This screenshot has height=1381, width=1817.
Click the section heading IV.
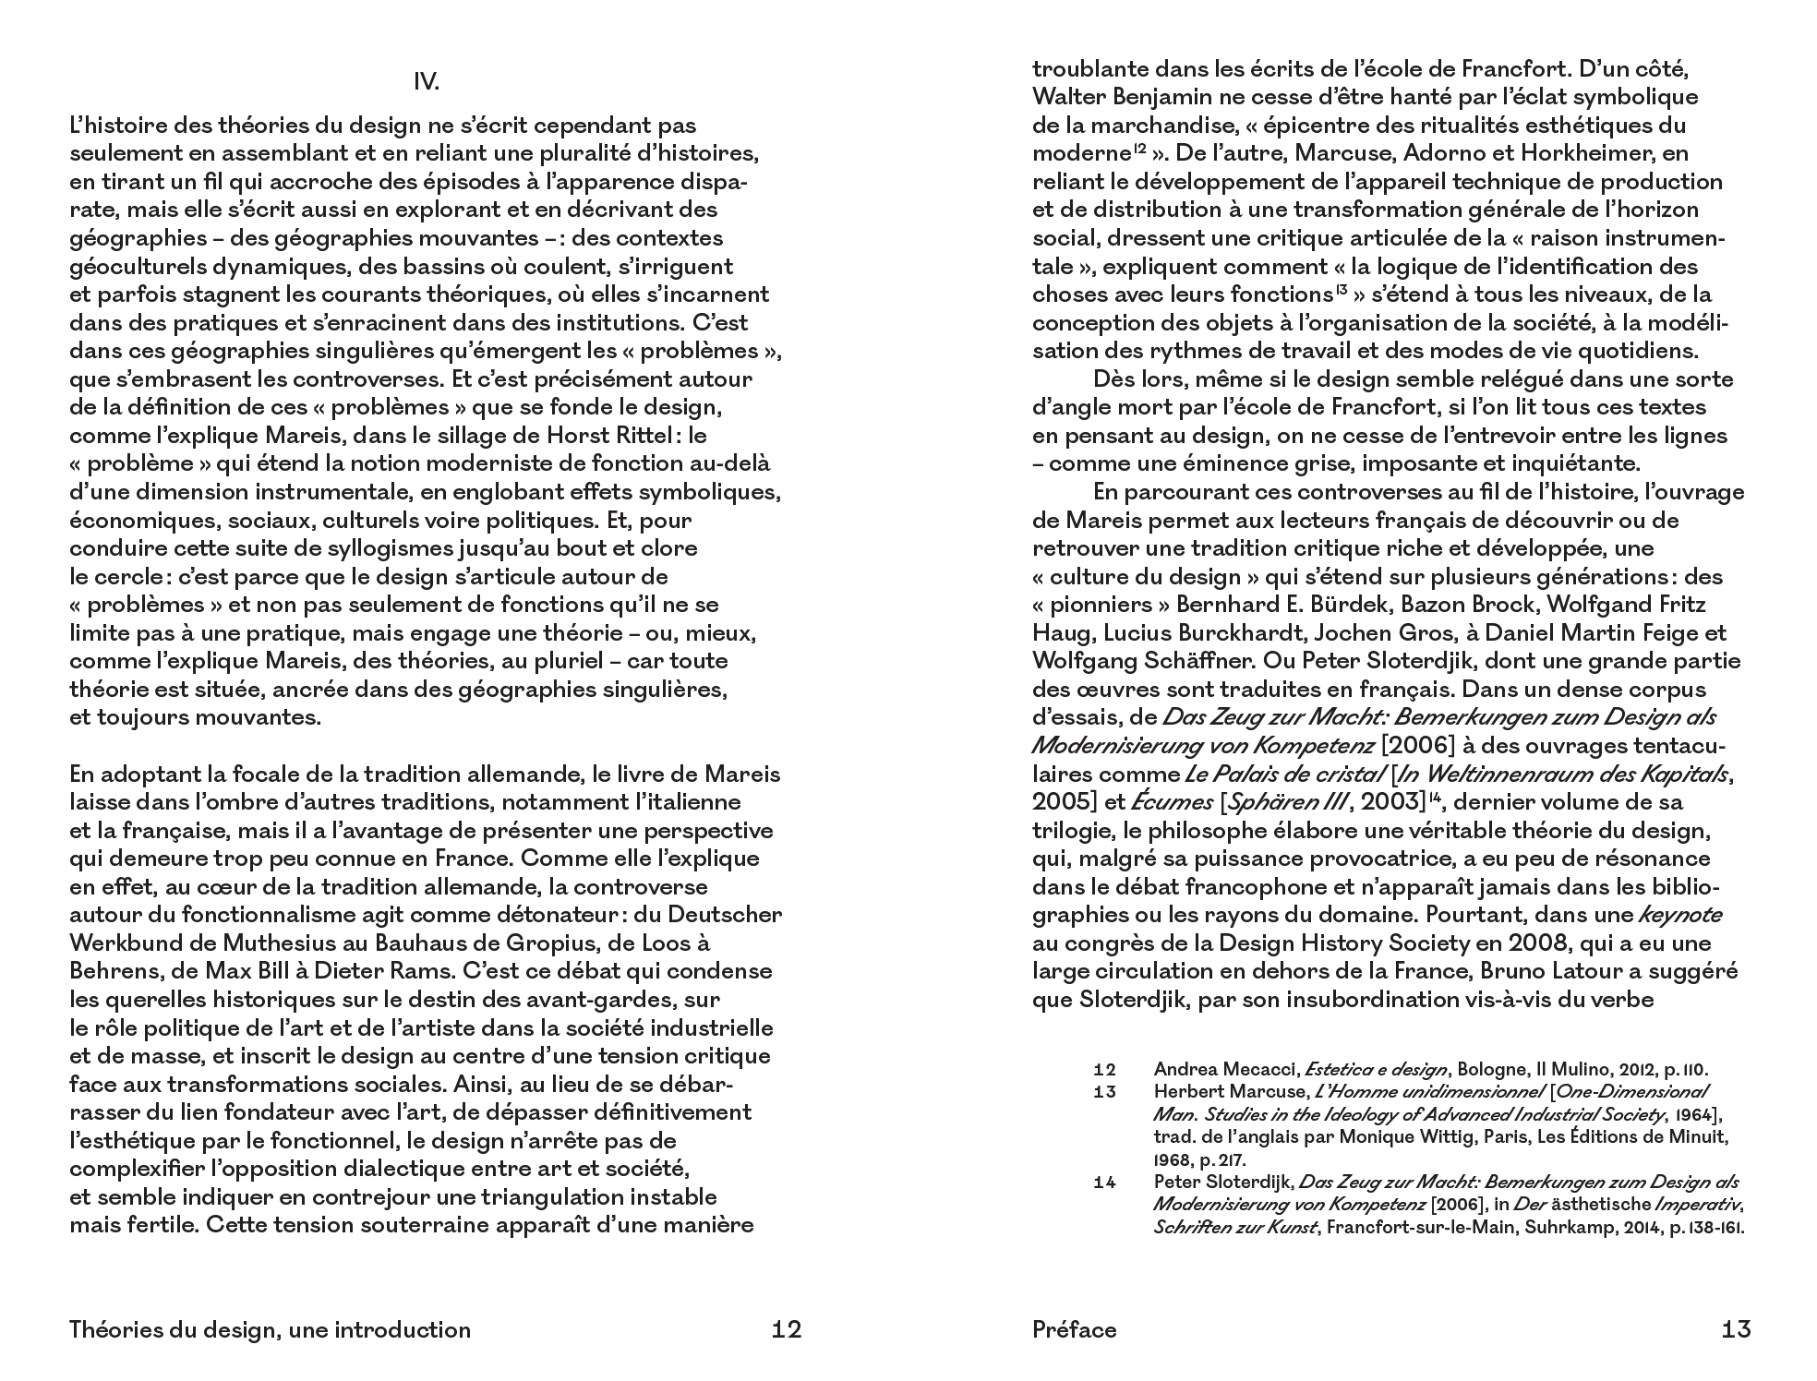coord(426,83)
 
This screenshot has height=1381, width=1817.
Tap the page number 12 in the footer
coord(786,1329)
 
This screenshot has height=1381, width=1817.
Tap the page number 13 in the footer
coord(1736,1329)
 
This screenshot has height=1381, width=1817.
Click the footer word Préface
coord(1075,1329)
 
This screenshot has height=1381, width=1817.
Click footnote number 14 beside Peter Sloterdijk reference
coord(1105,1183)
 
